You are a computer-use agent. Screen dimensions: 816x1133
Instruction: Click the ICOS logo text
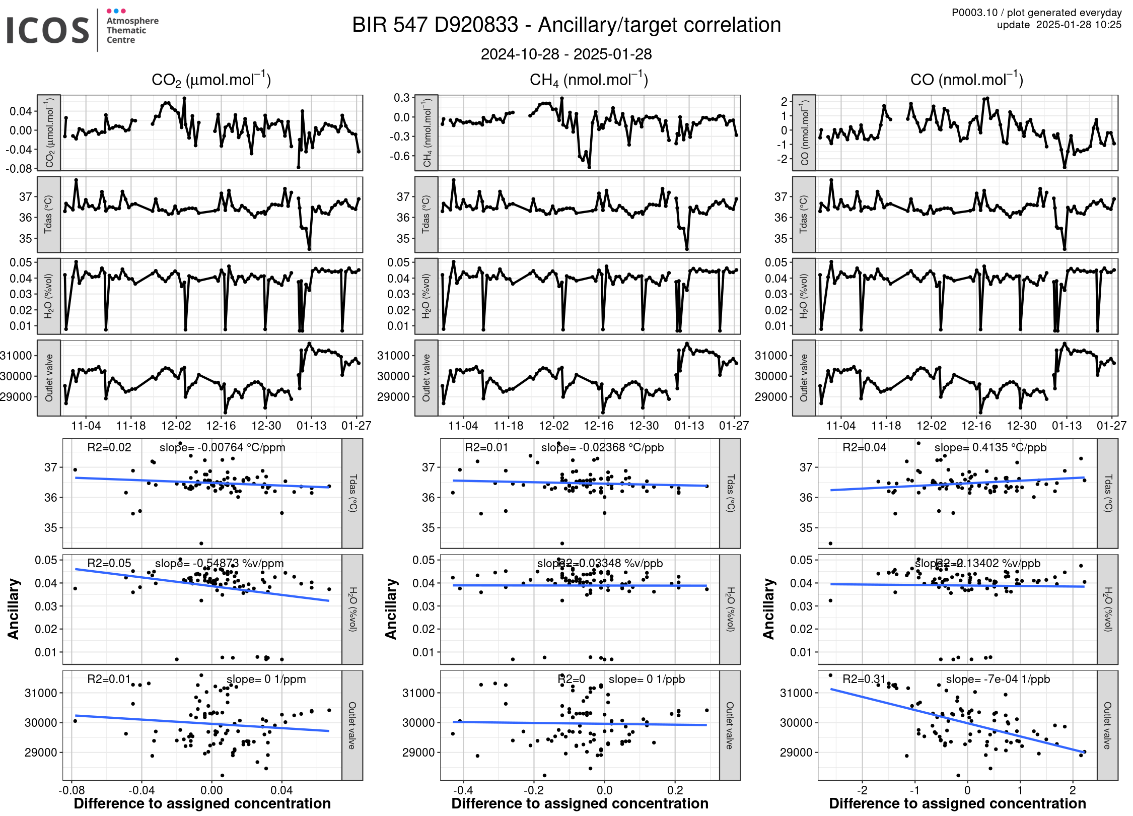click(48, 30)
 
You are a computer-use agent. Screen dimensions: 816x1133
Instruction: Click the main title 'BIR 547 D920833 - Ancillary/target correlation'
click(566, 25)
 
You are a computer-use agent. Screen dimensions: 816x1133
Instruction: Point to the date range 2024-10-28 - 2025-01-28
click(566, 54)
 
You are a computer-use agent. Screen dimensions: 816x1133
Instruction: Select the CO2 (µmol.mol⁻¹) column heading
click(211, 80)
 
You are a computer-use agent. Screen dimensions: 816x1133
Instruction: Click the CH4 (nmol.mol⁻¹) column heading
click(589, 80)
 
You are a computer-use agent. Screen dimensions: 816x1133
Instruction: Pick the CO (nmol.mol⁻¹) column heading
click(966, 80)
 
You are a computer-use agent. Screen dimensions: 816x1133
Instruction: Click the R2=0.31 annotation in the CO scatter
click(864, 679)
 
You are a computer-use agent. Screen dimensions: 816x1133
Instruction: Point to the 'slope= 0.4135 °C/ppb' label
click(990, 447)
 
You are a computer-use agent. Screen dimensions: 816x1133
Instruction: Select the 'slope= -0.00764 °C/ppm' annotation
click(222, 447)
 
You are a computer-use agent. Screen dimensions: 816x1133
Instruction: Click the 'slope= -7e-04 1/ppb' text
click(998, 679)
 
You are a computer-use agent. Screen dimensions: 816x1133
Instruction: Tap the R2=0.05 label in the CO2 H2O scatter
click(109, 563)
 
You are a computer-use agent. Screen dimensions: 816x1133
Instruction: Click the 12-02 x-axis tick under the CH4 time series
click(553, 426)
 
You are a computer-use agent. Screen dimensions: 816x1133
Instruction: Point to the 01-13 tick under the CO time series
click(1067, 426)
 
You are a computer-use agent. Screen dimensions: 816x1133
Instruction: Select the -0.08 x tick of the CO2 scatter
click(72, 790)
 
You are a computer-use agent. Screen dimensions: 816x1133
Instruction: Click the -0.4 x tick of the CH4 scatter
click(463, 790)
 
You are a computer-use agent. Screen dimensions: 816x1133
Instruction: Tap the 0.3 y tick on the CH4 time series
click(402, 97)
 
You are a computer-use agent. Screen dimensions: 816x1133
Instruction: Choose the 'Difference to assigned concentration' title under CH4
click(580, 803)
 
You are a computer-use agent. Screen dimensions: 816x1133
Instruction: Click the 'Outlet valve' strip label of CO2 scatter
click(352, 725)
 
